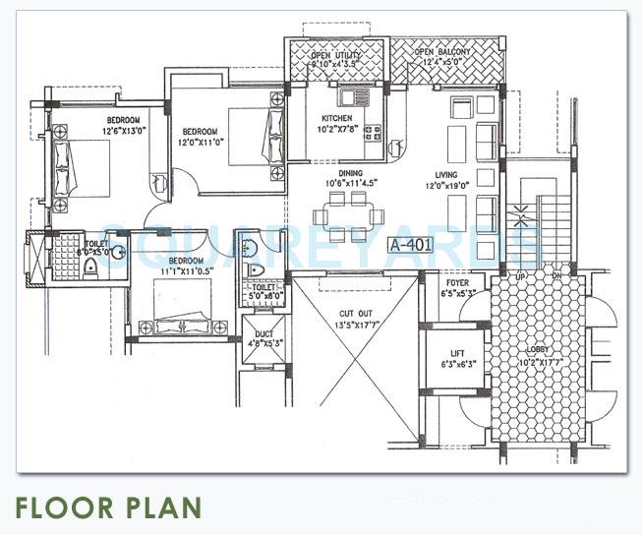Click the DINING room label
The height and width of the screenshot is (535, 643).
[344, 172]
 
